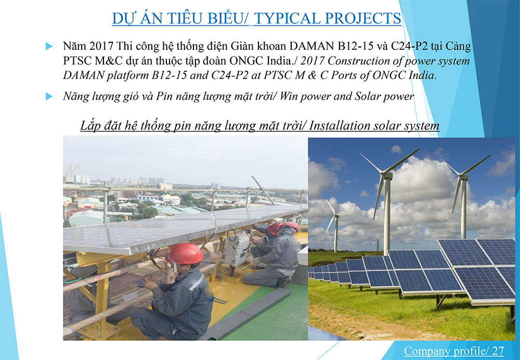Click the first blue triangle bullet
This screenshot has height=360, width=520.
coord(49,46)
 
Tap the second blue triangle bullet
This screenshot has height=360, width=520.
coord(49,97)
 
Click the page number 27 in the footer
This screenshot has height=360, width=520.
coord(498,351)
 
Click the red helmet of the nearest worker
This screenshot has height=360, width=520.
coord(186,254)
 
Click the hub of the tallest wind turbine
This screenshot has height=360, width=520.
coord(386,174)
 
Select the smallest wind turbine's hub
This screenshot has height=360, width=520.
coord(336,216)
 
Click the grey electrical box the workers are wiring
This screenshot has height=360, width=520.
coord(237,247)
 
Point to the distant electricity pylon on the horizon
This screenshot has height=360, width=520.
coord(378,245)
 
